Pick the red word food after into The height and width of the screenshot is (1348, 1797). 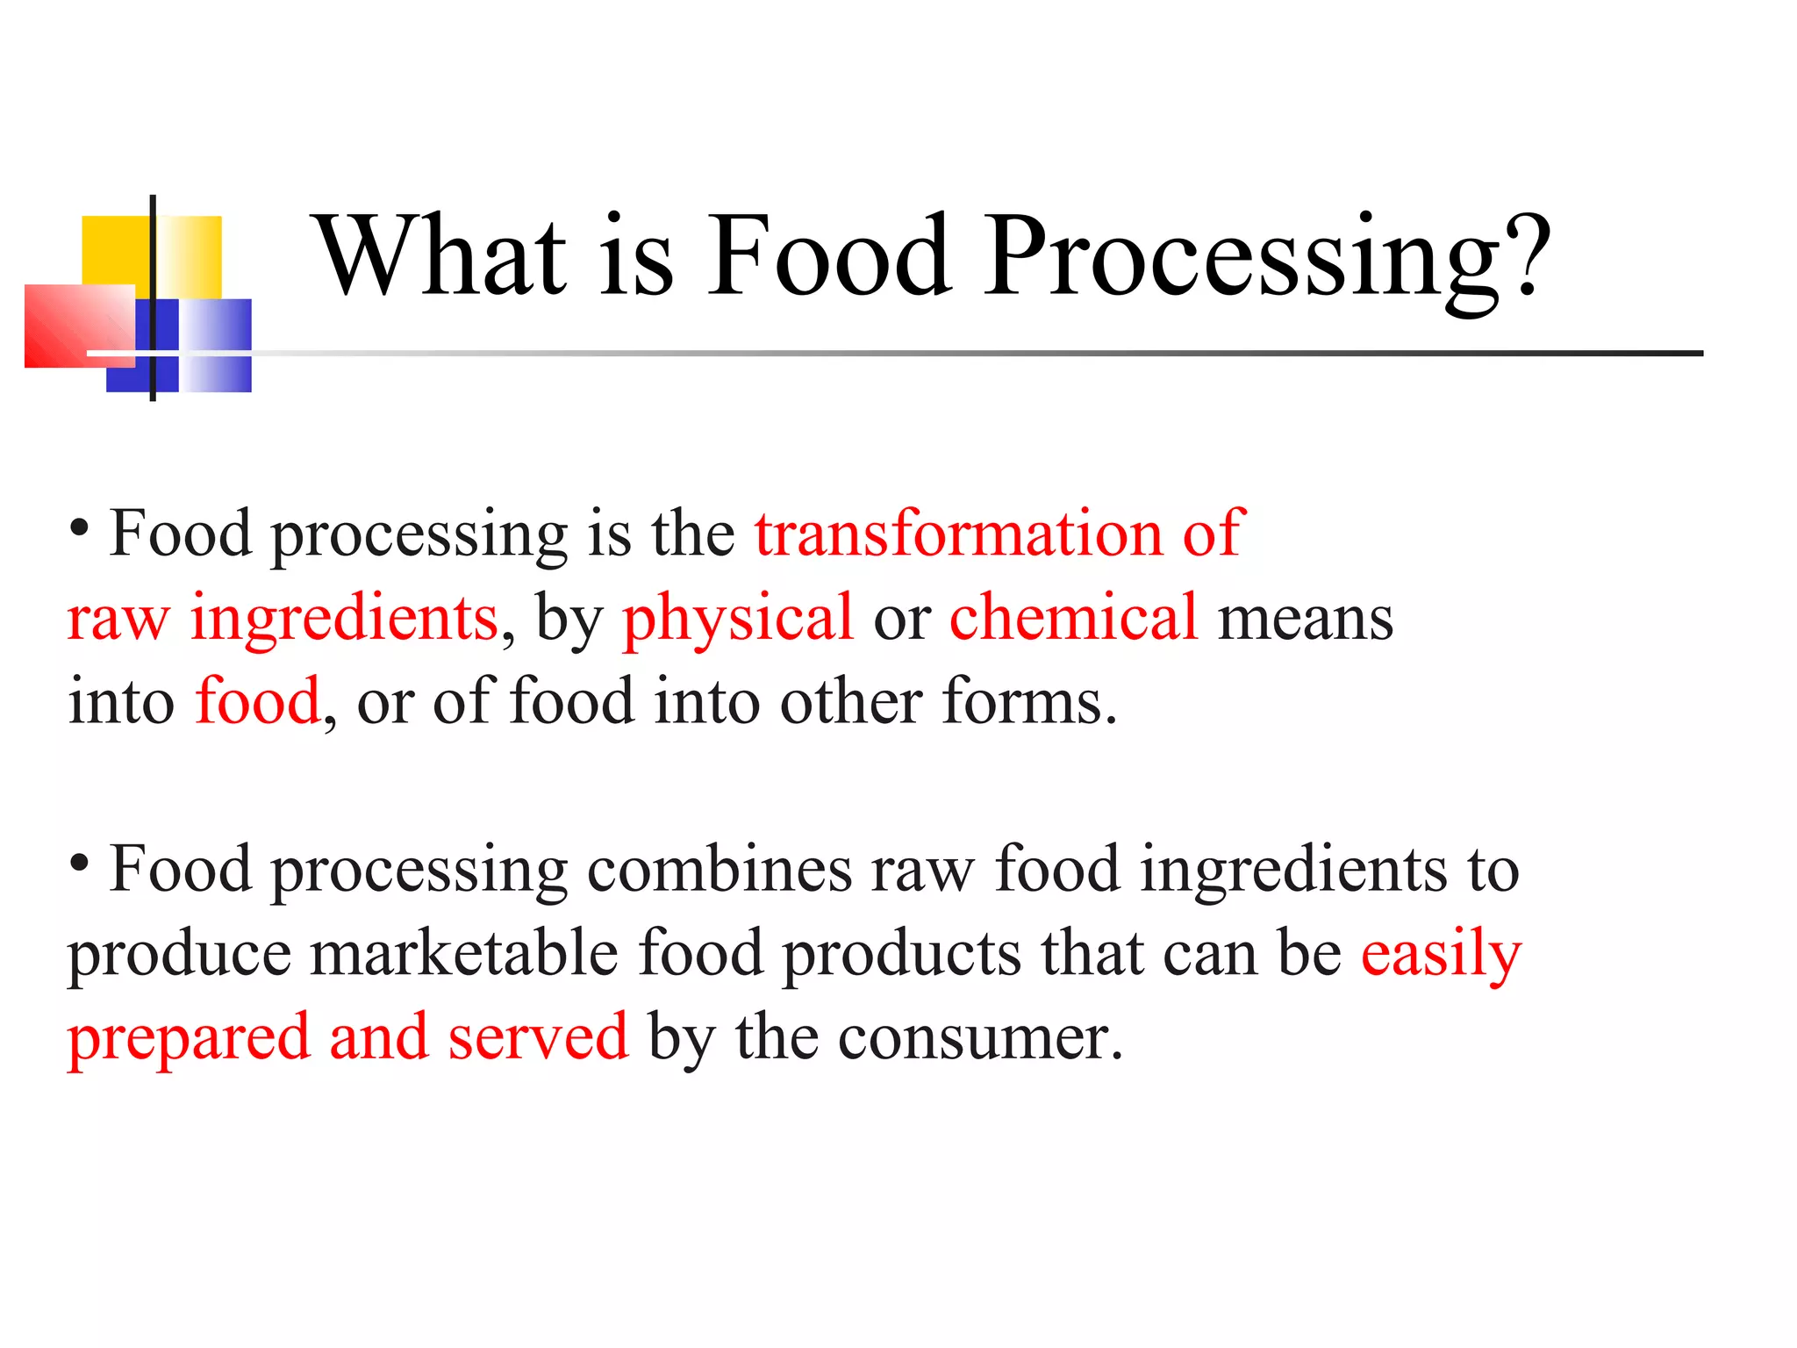258,701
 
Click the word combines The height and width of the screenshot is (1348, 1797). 720,871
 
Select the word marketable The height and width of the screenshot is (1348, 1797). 464,954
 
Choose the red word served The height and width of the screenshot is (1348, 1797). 538,1037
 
